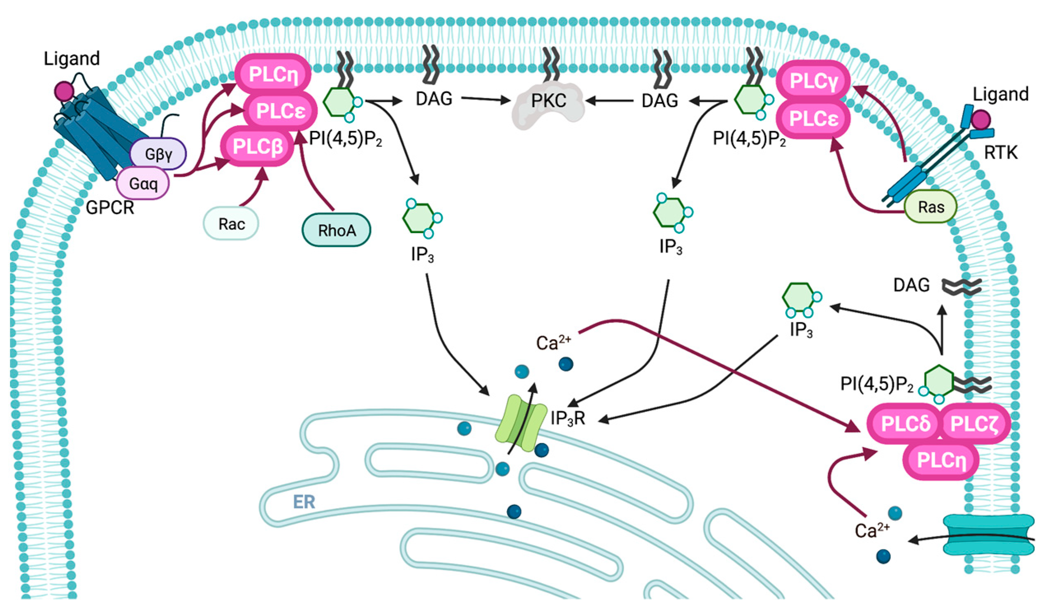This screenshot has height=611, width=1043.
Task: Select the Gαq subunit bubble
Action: pyautogui.click(x=143, y=183)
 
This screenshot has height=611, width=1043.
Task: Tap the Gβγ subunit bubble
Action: pyautogui.click(x=158, y=154)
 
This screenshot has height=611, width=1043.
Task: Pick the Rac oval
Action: pyautogui.click(x=231, y=224)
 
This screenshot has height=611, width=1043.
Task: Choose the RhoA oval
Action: pyautogui.click(x=337, y=230)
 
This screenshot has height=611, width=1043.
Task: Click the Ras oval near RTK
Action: pyautogui.click(x=930, y=207)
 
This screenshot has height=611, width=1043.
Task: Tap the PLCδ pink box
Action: pyautogui.click(x=905, y=423)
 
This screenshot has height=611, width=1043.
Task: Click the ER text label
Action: pyautogui.click(x=304, y=502)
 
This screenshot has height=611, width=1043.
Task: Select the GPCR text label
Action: pyautogui.click(x=110, y=208)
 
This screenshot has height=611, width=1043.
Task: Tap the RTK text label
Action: pyautogui.click(x=1000, y=153)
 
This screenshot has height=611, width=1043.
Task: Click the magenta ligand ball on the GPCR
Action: pyautogui.click(x=64, y=91)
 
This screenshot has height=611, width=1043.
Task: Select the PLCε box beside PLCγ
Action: pyautogui.click(x=813, y=119)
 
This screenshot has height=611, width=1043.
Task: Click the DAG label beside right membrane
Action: pyautogui.click(x=911, y=285)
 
